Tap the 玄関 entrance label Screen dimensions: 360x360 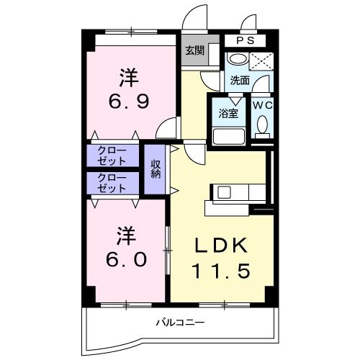pos(193,50)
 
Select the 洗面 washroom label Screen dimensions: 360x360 pos(240,81)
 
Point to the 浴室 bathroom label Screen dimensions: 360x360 pos(228,113)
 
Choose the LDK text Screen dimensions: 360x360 pos(222,246)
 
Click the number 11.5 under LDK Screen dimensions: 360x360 pos(221,272)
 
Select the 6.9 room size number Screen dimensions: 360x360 pos(129,101)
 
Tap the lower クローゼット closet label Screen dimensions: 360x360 pos(112,182)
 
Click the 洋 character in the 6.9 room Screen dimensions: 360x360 pos(128,75)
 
